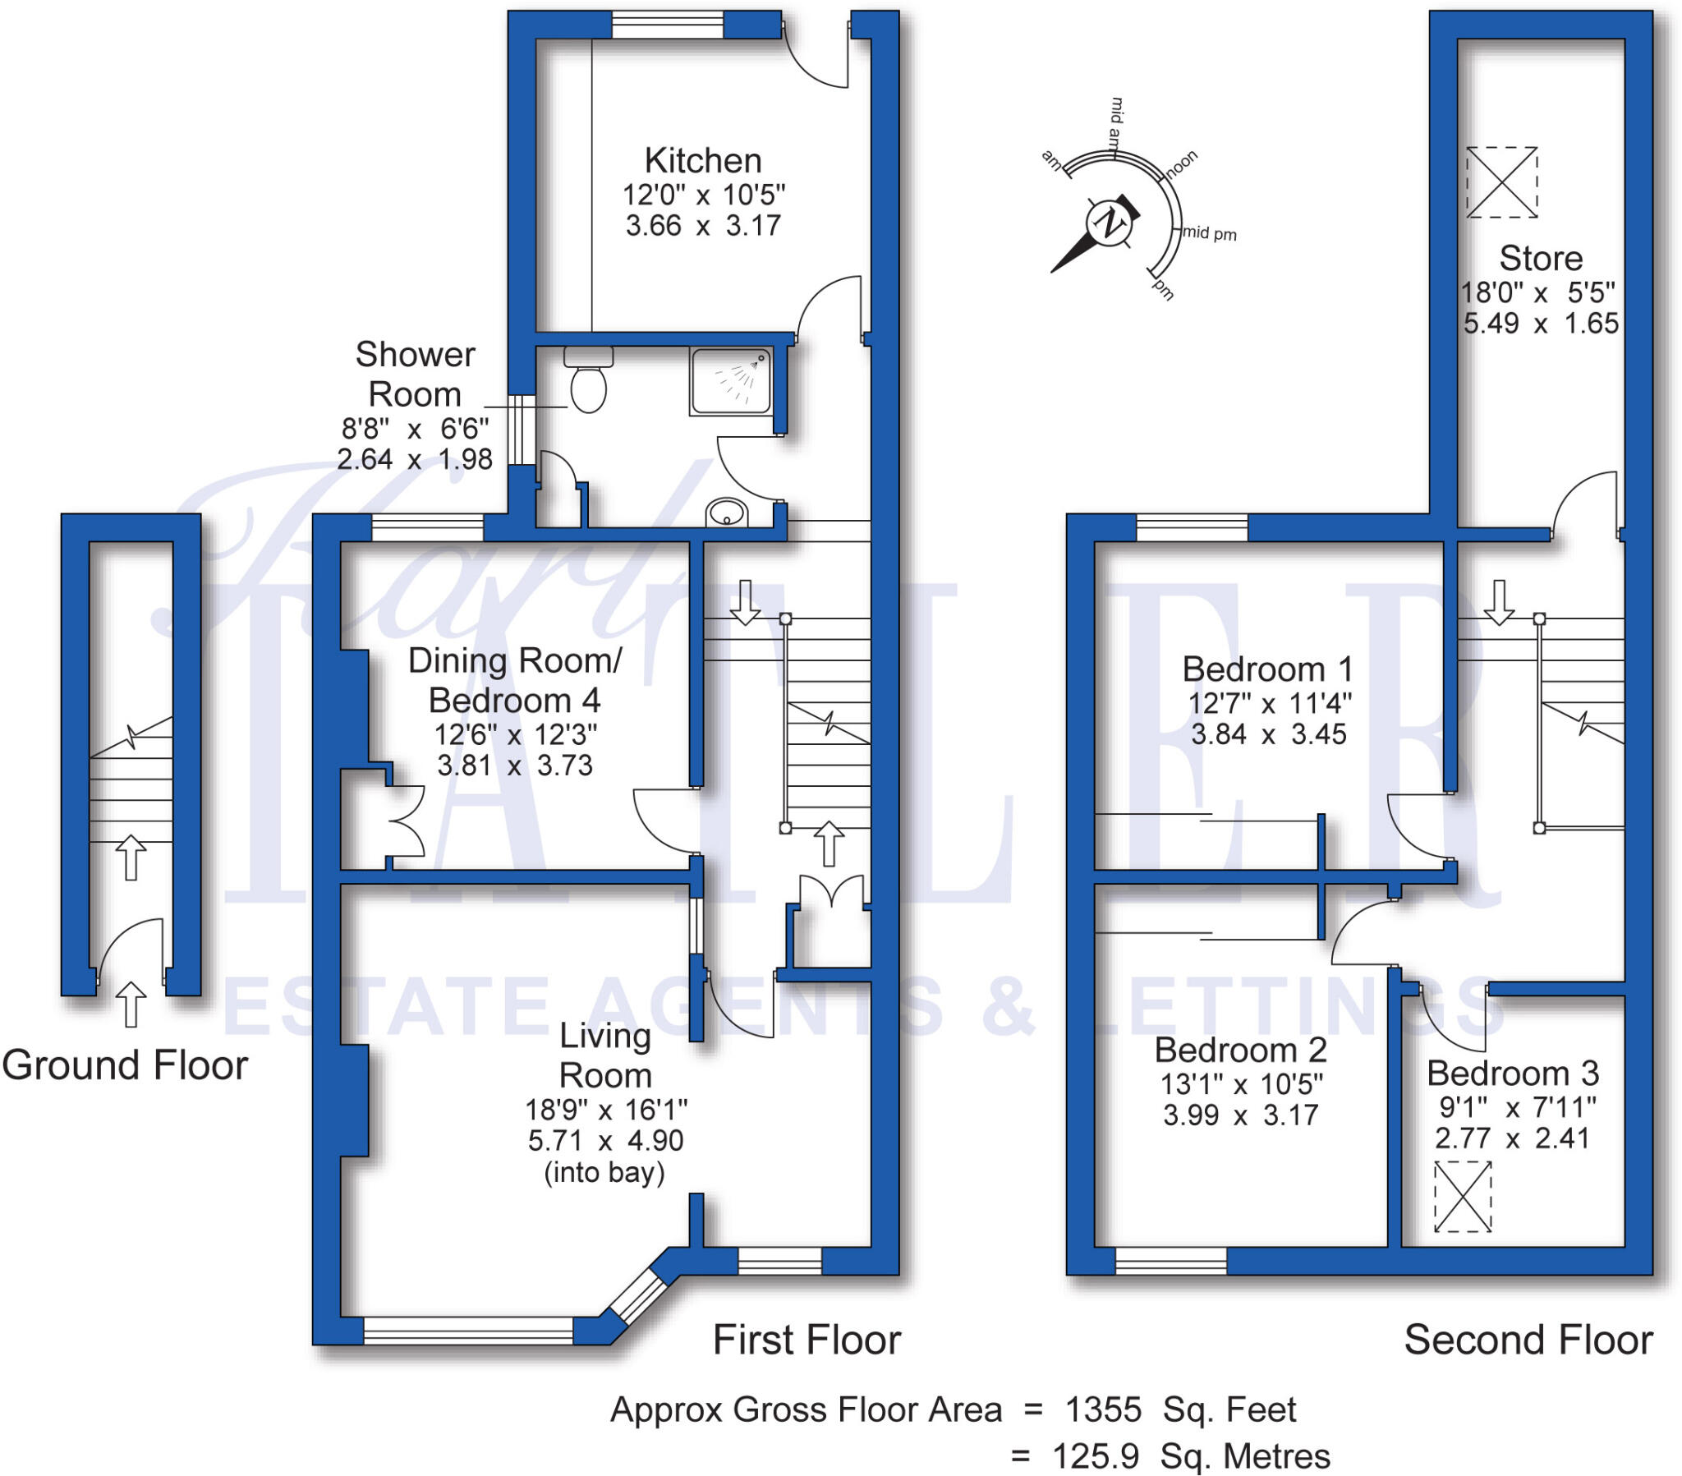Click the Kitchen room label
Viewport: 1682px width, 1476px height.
(703, 160)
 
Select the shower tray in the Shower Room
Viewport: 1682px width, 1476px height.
(731, 381)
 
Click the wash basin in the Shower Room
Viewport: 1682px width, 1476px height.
(727, 512)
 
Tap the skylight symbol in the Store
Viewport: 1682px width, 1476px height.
(1502, 182)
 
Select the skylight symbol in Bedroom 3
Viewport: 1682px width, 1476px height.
(1462, 1197)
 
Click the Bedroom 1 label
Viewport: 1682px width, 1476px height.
(1267, 669)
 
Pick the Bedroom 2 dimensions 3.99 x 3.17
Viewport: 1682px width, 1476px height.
(1241, 1115)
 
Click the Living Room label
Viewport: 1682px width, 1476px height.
(604, 1055)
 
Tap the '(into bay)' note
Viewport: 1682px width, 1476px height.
(604, 1172)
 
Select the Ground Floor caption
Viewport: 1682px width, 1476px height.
(125, 1065)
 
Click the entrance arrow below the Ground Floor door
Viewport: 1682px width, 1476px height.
(130, 1005)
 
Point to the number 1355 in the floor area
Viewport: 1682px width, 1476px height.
(1103, 1410)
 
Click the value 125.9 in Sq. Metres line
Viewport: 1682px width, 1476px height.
(1096, 1456)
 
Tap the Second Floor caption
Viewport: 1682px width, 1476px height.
(1528, 1340)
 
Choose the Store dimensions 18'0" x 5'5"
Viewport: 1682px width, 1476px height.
(1537, 292)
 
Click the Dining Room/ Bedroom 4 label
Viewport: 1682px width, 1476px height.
(515, 681)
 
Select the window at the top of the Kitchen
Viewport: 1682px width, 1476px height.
(668, 25)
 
